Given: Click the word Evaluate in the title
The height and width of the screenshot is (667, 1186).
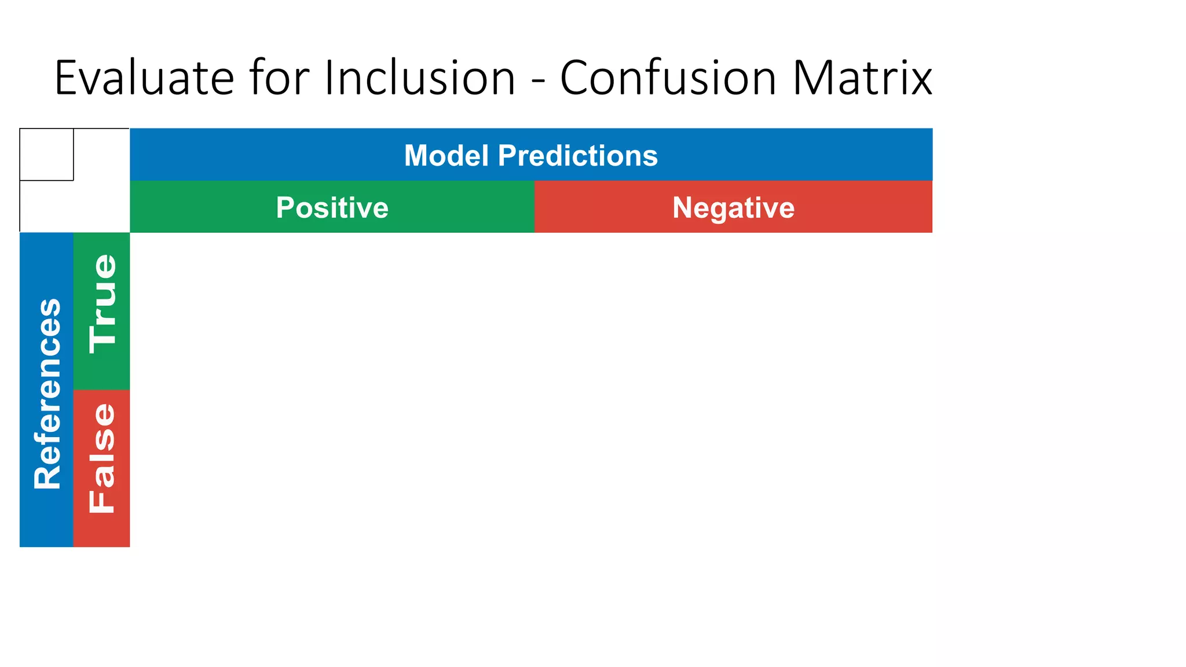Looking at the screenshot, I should click(x=144, y=78).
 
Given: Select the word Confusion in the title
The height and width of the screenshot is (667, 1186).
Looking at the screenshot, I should click(x=668, y=78).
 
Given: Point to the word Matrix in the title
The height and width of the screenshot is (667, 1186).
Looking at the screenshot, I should click(x=862, y=78).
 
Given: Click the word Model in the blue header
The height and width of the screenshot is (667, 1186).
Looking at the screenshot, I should click(x=446, y=155).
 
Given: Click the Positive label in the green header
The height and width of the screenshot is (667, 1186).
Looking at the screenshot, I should click(x=332, y=207).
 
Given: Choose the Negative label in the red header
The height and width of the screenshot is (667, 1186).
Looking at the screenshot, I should click(x=733, y=207).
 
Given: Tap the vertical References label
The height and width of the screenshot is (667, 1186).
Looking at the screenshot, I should click(x=47, y=394).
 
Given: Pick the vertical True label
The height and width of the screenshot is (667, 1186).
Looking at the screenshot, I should click(x=103, y=304).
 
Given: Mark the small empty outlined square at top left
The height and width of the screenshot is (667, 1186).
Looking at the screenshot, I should click(x=46, y=155).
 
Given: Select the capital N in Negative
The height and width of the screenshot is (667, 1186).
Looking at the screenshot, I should click(x=683, y=207).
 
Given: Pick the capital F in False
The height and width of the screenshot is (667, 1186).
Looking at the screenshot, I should click(x=103, y=501).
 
